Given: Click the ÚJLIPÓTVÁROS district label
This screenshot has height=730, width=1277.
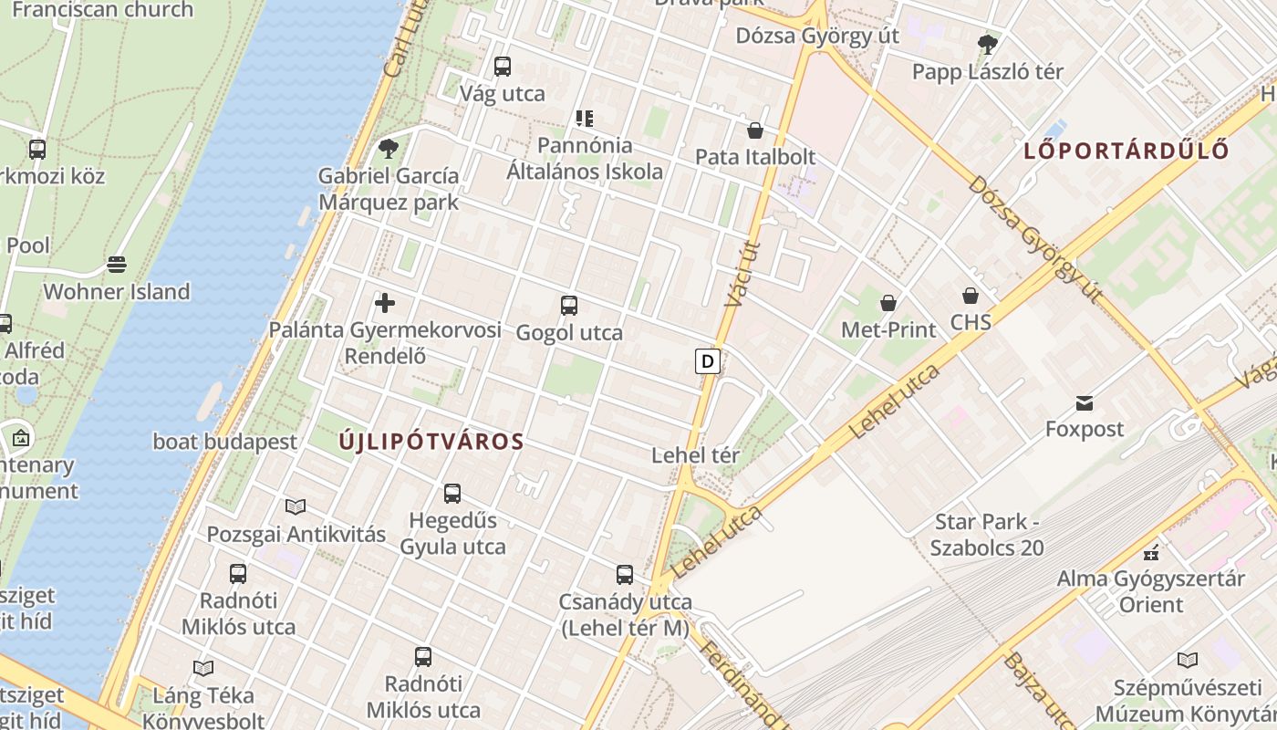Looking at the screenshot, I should coord(431,442).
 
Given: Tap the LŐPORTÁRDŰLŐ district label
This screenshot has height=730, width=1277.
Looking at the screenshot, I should coord(1126,151).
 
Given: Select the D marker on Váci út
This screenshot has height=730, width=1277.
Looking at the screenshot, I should coord(707,361).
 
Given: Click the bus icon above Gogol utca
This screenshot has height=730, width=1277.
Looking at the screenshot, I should coord(569,306).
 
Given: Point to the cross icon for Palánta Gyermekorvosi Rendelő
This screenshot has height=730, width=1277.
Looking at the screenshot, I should coord(385,303).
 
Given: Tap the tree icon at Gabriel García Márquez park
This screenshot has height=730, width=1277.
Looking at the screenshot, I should coord(389,148).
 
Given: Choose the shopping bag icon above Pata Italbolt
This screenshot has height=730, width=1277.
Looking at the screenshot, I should coord(754,130).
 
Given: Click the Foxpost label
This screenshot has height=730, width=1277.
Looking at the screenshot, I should coord(1085,429).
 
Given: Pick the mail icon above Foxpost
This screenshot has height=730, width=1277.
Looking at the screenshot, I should coord(1085,402).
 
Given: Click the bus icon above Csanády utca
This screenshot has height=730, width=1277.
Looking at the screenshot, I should coord(625,575).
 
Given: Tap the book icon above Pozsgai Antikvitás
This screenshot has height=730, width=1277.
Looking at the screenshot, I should coord(296,507).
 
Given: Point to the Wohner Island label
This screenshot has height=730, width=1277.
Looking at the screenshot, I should coord(117,292).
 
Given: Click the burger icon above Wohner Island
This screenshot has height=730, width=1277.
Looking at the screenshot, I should coord(117,265).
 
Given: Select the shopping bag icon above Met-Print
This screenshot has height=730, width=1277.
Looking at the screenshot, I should coord(888,303).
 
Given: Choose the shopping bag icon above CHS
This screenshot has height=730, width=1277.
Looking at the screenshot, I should coord(970,296).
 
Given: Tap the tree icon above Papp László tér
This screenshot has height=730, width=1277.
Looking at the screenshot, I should coord(987,44).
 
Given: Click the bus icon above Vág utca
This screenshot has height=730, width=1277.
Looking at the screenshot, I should coord(503,67).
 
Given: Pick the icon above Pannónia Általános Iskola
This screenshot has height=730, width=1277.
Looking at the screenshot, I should coord(585,119).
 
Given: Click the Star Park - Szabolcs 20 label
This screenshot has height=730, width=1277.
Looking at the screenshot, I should coord(987,535).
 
